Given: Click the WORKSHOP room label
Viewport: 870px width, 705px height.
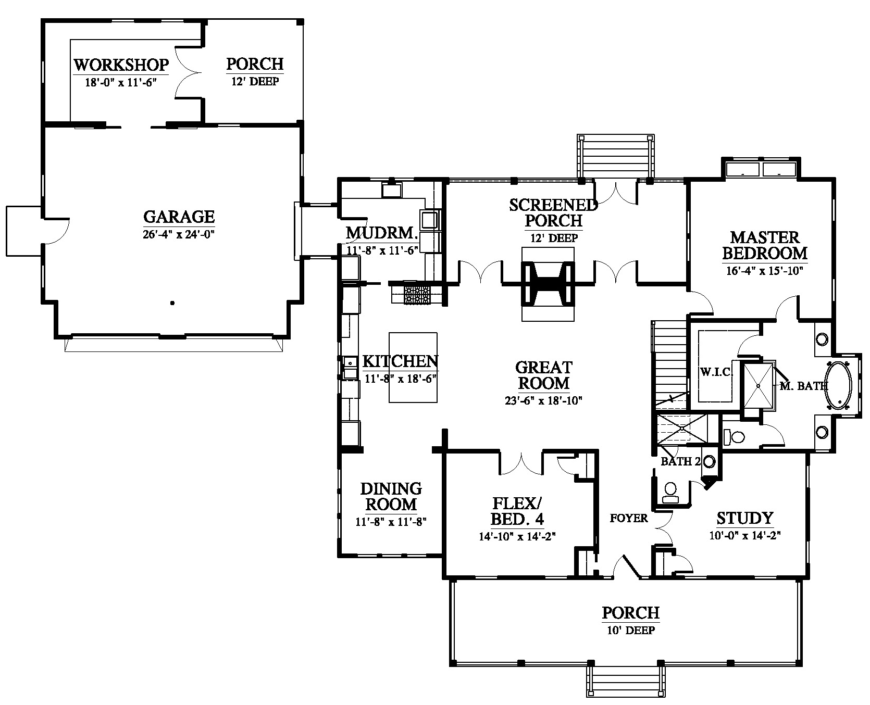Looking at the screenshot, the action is click(121, 65).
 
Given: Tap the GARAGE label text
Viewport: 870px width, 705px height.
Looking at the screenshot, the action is click(179, 217).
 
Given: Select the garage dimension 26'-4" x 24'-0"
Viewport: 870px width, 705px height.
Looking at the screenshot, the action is click(179, 234).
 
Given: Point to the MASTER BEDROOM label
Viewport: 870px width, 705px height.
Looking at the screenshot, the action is click(765, 245).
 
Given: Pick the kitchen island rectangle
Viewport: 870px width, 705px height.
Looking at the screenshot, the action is click(413, 368).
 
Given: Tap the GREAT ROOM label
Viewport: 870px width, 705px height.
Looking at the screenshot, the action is click(543, 375).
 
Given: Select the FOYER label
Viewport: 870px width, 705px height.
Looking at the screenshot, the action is click(629, 518).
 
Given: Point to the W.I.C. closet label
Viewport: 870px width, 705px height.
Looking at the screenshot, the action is click(717, 372).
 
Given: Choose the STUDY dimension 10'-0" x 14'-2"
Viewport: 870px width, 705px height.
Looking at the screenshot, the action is click(745, 535).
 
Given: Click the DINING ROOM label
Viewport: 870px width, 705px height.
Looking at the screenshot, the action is click(391, 497).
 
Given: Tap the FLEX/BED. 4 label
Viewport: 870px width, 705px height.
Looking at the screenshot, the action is click(518, 511).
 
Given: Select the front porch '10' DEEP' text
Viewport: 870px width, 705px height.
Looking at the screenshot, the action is click(631, 630).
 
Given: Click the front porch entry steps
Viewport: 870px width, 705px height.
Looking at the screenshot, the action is click(626, 682).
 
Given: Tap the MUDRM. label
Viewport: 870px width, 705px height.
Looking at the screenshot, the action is click(382, 233).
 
